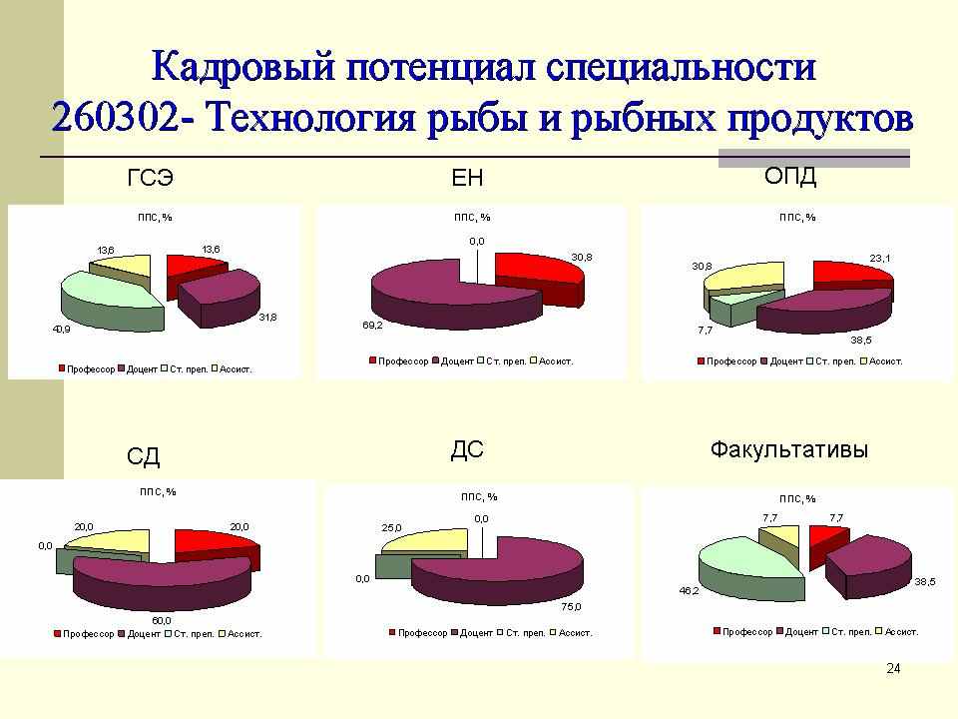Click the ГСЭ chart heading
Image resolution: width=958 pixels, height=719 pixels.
point(151,178)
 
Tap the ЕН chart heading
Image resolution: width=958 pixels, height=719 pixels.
point(467,178)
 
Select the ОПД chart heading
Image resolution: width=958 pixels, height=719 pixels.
point(790,176)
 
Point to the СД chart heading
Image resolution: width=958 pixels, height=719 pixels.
point(143,456)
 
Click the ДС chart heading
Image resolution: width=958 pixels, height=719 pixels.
point(467,450)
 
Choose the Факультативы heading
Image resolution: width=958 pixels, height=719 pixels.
point(788,450)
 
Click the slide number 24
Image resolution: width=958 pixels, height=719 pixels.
point(893,668)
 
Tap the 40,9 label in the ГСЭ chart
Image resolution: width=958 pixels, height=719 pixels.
point(61,329)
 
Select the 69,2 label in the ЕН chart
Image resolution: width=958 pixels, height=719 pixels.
point(372,326)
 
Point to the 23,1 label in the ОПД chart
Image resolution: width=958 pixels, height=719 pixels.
point(880,258)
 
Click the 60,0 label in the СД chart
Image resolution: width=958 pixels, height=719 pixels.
point(162,620)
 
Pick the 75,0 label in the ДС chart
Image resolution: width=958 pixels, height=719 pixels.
point(571,607)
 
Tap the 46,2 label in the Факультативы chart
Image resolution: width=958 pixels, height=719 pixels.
point(689,590)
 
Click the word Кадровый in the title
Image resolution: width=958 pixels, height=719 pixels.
point(243,66)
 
